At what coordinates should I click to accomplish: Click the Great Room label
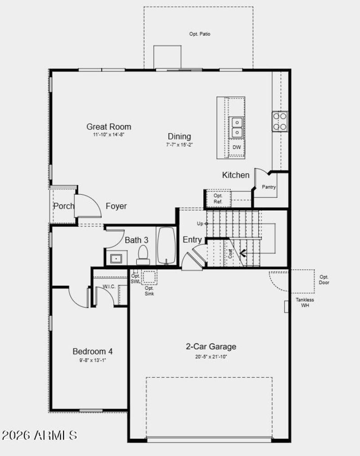(x=109, y=127)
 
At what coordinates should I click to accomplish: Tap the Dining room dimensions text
(x=180, y=144)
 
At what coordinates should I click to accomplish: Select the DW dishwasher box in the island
(x=236, y=148)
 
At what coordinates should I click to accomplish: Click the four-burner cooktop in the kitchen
(x=279, y=121)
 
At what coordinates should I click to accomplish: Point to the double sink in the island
(x=236, y=127)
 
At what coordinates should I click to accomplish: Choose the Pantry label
(x=269, y=187)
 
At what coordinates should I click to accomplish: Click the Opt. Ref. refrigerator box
(x=218, y=199)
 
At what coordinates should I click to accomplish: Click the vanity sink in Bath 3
(x=117, y=259)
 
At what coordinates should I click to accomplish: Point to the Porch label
(x=63, y=206)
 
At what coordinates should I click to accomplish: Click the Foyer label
(x=116, y=206)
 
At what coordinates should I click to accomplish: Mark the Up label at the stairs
(x=200, y=224)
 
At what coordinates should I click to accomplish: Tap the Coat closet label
(x=230, y=254)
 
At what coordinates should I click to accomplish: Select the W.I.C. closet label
(x=109, y=286)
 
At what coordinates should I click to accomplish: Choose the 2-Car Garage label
(x=211, y=347)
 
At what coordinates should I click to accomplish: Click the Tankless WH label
(x=305, y=303)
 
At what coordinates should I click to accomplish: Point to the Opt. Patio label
(x=200, y=34)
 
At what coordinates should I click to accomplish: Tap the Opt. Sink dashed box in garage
(x=149, y=277)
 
